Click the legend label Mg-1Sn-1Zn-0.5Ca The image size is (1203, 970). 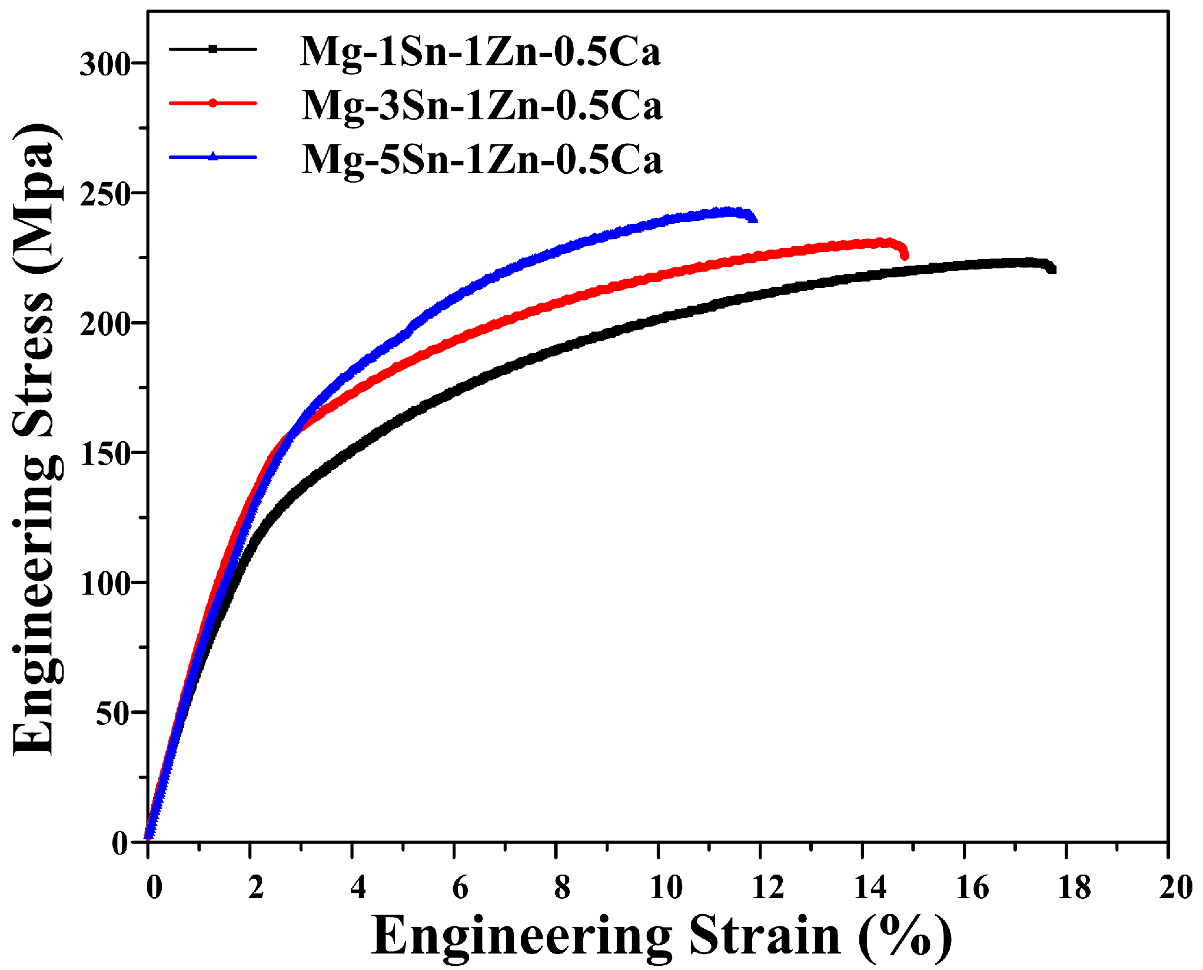pos(480,52)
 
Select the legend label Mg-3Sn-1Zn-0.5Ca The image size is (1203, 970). pos(481,106)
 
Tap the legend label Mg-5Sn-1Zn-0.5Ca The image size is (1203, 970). pos(481,160)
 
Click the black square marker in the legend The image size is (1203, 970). pos(213,49)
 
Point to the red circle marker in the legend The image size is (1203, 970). pos(213,103)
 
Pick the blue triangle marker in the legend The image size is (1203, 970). pos(213,157)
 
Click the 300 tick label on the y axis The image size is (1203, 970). pos(105,64)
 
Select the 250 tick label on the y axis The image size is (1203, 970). pos(105,195)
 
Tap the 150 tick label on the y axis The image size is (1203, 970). pos(105,454)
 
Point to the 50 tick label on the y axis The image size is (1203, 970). pos(112,714)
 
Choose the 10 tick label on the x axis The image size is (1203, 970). pos(666,887)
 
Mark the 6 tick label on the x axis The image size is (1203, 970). pos(460,887)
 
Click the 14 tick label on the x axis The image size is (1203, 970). pos(870,887)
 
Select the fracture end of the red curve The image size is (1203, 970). pos(905,256)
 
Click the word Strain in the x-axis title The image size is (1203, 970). pos(765,936)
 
